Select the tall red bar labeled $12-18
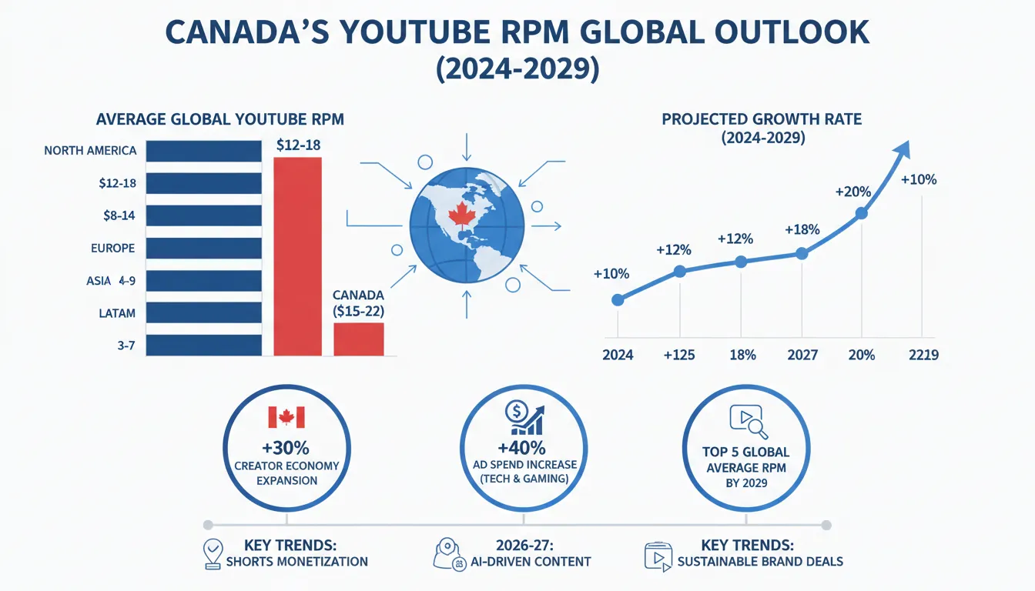(x=297, y=255)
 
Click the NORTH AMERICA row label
(x=90, y=151)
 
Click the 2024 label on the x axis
(x=617, y=356)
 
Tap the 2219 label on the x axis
(x=923, y=356)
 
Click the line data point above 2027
(x=802, y=254)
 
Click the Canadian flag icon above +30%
(x=286, y=417)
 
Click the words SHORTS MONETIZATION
(x=296, y=561)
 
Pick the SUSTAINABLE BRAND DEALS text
(x=759, y=561)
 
